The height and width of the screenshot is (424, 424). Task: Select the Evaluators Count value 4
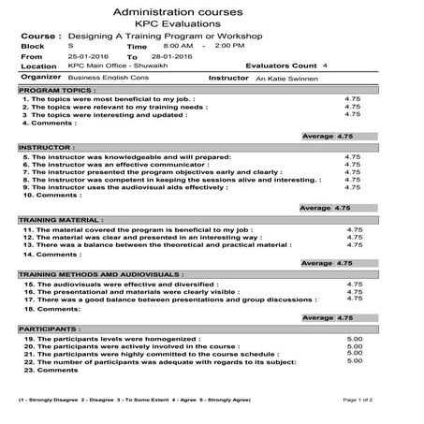tap(325, 66)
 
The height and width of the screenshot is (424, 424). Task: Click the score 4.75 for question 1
tap(352, 99)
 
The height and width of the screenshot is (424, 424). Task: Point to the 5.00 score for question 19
tap(355, 338)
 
